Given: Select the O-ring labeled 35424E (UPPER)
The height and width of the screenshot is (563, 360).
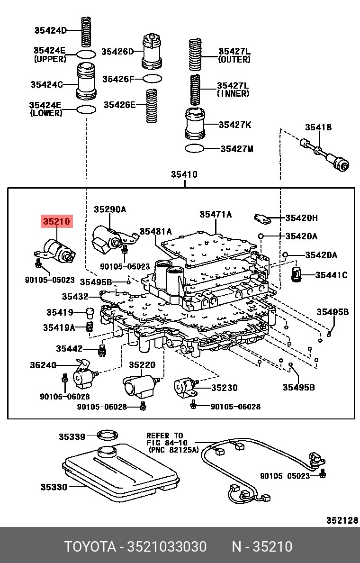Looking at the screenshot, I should pos(86,54).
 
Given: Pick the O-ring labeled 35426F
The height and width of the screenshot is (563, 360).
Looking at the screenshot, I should pos(152,78).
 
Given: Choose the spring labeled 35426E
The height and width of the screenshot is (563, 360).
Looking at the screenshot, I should pos(152,106).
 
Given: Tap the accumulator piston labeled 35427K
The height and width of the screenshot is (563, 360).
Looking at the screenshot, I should pos(195,124).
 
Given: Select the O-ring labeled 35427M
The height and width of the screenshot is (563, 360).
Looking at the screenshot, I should pos(194,148).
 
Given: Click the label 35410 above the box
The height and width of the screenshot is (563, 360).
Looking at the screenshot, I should pos(184,175).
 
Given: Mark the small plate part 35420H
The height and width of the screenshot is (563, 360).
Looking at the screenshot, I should pos(261,218).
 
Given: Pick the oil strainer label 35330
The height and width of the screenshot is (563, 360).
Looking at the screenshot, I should pos(53,487).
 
